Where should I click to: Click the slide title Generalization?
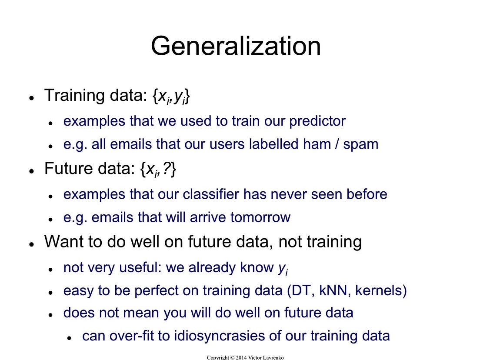(236, 46)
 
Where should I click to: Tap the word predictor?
(317, 121)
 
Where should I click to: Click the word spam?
(360, 144)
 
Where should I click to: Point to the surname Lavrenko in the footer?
(273, 357)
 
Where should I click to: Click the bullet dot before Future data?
(32, 171)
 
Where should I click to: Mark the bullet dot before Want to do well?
(32, 244)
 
